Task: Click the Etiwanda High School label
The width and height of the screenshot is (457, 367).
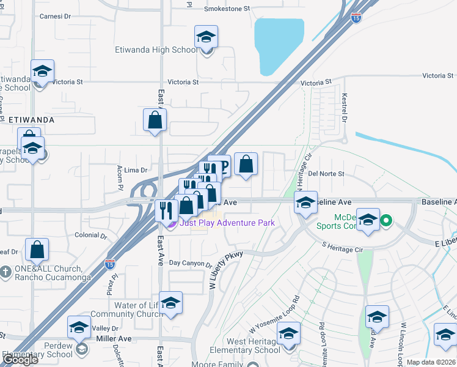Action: [x=156, y=50]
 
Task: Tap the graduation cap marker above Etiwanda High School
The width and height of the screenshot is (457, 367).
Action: [x=207, y=37]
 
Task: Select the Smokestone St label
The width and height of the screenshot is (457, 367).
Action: [x=227, y=9]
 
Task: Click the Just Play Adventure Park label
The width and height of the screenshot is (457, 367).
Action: [x=226, y=223]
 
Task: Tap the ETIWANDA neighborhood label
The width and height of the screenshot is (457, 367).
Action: [x=32, y=120]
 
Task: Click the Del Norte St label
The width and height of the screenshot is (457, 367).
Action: [x=327, y=174]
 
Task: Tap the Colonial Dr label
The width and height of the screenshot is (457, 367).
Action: [x=90, y=235]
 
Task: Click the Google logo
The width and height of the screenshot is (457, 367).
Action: [x=20, y=360]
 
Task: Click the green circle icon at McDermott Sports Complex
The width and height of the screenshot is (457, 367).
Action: [x=386, y=220]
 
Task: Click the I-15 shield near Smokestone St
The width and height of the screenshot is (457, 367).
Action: [x=356, y=18]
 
